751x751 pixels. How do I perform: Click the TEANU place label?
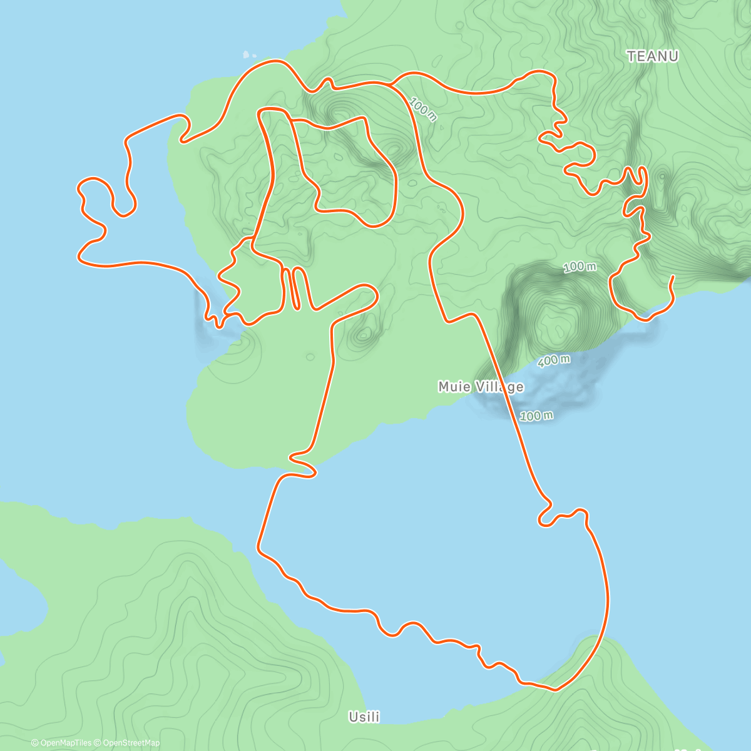653,56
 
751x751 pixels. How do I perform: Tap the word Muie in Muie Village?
453,387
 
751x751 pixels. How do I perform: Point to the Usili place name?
364,717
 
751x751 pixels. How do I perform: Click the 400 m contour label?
554,360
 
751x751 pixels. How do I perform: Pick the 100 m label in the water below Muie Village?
537,416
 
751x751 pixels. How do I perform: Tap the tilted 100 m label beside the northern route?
424,109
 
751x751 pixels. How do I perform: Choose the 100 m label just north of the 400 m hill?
580,267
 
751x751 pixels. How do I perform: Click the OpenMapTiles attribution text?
66,743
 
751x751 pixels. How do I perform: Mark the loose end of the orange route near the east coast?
672,277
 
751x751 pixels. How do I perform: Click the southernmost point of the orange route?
554,690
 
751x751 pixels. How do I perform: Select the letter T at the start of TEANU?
631,56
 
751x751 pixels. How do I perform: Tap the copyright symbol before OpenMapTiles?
34,743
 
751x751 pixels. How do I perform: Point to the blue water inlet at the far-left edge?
19,601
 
